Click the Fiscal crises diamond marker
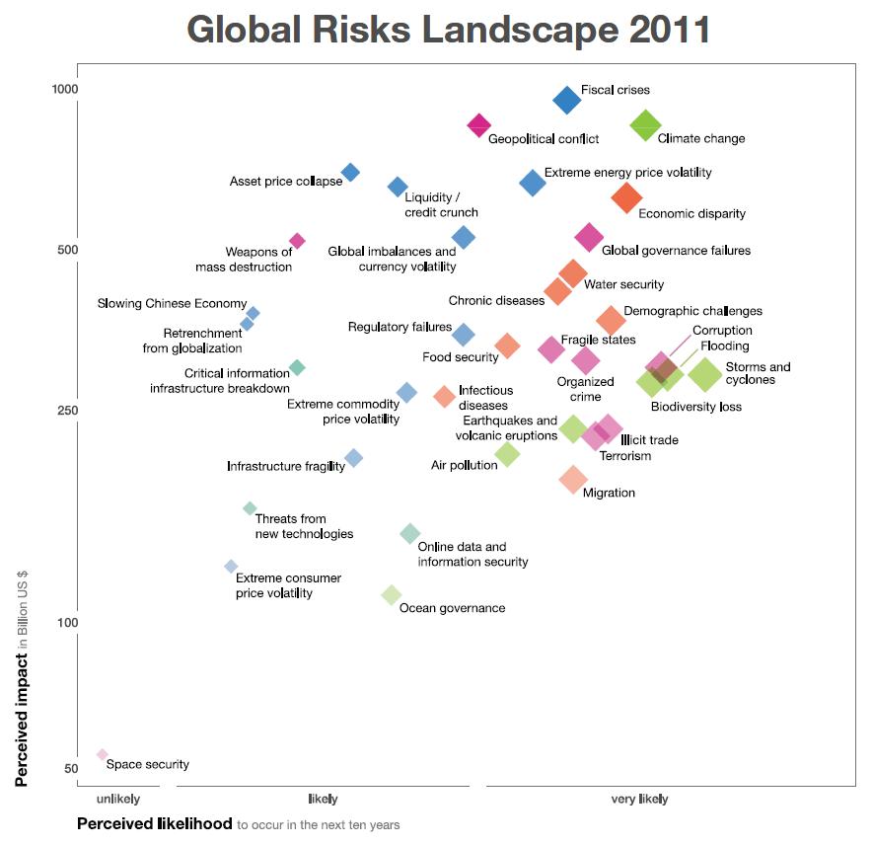tap(567, 99)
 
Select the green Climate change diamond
tap(645, 125)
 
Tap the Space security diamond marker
tap(102, 755)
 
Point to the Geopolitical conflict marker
tap(479, 124)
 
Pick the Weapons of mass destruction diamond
tap(297, 241)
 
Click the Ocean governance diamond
tap(392, 594)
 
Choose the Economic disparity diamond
tap(625, 197)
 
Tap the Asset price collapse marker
tap(350, 173)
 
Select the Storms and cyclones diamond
tap(705, 374)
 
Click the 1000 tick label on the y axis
tap(64, 90)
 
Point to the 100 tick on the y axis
tap(67, 623)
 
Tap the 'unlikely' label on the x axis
tap(118, 799)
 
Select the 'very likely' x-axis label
tap(639, 799)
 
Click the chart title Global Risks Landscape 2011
tap(449, 30)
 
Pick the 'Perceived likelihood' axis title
tap(155, 823)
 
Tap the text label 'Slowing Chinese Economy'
tap(172, 303)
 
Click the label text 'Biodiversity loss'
tap(696, 407)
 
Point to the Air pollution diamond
tap(507, 454)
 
